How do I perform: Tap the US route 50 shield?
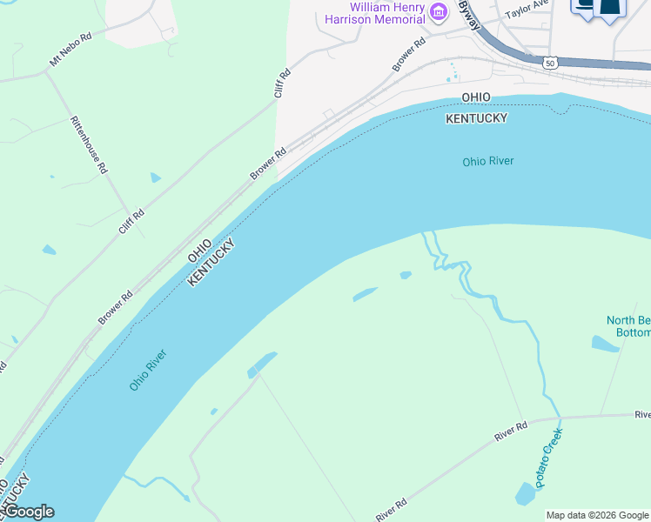pos(548,63)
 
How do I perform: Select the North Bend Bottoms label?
pos(628,326)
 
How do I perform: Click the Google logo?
pos(28,512)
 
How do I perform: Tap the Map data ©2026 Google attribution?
pos(596,515)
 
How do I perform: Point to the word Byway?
pos(471,15)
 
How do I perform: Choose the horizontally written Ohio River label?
pos(488,161)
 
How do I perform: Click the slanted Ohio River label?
pos(148,370)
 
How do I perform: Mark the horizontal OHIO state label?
pos(476,97)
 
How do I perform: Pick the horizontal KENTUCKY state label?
pos(476,117)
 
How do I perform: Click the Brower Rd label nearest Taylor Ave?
pos(408,54)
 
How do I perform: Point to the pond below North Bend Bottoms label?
pos(605,343)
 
